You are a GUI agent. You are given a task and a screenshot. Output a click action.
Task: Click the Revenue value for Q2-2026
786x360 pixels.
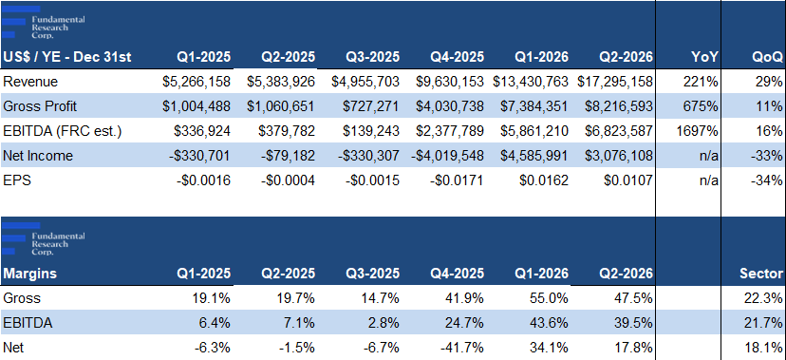(x=615, y=82)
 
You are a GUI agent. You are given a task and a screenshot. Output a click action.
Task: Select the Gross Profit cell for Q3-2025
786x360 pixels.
(x=371, y=106)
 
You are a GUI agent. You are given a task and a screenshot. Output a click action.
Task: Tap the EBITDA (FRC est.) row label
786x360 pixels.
(x=63, y=131)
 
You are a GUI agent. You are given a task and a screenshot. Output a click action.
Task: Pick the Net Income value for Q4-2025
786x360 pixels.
(x=448, y=156)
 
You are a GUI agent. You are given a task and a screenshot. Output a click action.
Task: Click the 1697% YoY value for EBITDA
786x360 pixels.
(x=701, y=131)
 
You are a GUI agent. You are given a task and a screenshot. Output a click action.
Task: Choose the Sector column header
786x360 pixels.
(x=761, y=274)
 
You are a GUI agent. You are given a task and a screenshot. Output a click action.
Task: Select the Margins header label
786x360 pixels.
(x=29, y=274)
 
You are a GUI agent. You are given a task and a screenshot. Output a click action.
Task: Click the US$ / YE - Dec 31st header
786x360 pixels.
(x=67, y=57)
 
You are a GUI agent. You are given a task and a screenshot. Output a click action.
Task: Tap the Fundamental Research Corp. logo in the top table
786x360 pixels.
(x=44, y=22)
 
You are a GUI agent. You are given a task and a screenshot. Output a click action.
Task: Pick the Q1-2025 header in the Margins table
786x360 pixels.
(x=204, y=274)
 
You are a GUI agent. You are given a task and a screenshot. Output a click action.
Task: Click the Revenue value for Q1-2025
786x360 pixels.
(x=196, y=82)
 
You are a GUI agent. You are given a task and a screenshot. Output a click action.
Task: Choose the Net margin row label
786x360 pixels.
(x=12, y=348)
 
